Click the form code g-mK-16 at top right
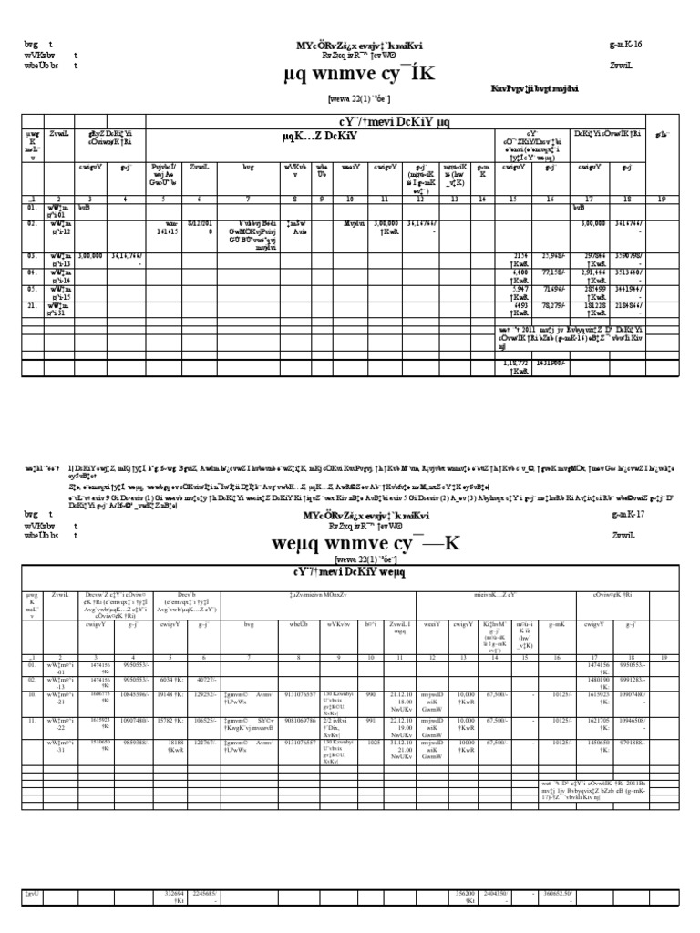pyautogui.click(x=625, y=45)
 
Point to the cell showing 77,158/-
pyautogui.click(x=553, y=274)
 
